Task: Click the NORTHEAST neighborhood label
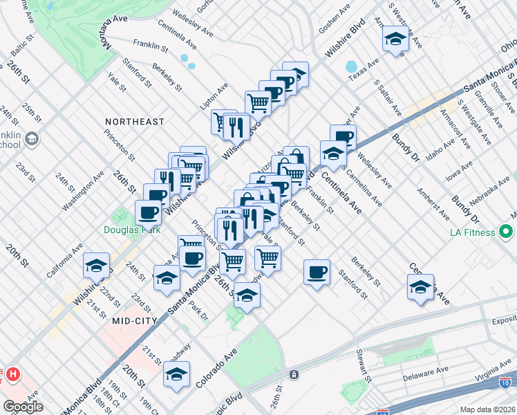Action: point(135,122)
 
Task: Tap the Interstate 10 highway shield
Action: point(505,382)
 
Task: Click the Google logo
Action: point(23,407)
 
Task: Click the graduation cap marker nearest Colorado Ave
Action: point(176,375)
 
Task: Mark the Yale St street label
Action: point(117,82)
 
